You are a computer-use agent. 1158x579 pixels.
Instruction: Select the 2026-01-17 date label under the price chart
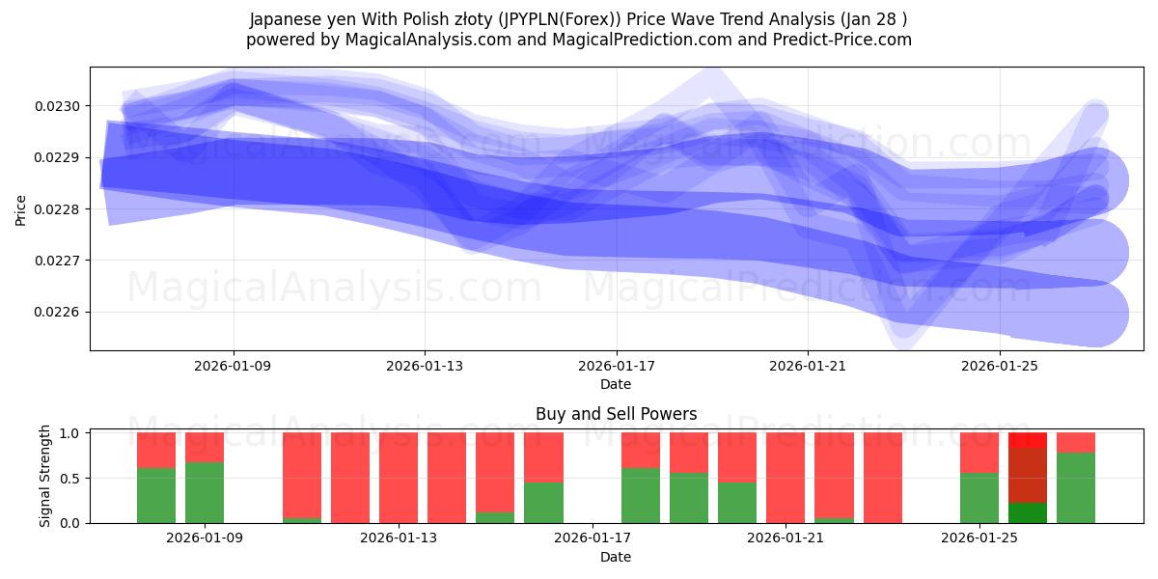pyautogui.click(x=616, y=367)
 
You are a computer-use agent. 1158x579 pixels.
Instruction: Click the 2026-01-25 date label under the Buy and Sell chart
pyautogui.click(x=979, y=538)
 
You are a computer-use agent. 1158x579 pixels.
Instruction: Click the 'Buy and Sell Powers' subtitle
pyautogui.click(x=616, y=415)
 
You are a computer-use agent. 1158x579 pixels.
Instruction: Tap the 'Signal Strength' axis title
pyautogui.click(x=45, y=476)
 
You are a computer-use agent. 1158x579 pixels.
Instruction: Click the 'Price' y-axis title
pyautogui.click(x=21, y=209)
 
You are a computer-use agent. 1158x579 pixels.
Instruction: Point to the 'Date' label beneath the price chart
pyautogui.click(x=616, y=384)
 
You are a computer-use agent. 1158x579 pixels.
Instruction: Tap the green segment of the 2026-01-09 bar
pyautogui.click(x=205, y=492)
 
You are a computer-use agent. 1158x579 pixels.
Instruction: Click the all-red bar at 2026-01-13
pyautogui.click(x=399, y=478)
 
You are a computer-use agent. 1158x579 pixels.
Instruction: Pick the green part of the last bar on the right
pyautogui.click(x=1076, y=487)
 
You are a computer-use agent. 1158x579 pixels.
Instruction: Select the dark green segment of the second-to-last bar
pyautogui.click(x=1028, y=512)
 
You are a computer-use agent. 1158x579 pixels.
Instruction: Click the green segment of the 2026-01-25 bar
pyautogui.click(x=979, y=498)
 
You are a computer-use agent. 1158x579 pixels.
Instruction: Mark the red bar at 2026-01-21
pyautogui.click(x=786, y=478)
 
